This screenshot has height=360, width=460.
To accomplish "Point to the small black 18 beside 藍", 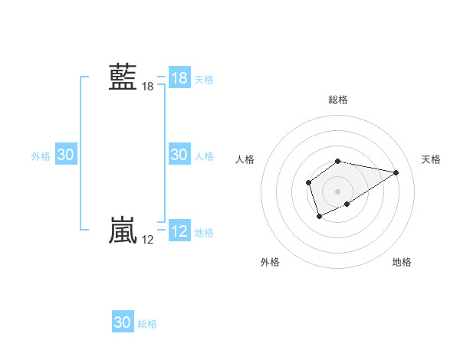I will pyautogui.click(x=147, y=87).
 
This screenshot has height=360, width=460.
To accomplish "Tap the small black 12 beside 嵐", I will pyautogui.click(x=147, y=240).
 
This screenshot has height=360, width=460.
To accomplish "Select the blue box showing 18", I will pyautogui.click(x=179, y=78).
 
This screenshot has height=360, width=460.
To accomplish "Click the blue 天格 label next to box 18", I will pyautogui.click(x=204, y=79).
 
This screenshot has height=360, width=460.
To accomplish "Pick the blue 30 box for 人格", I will pyautogui.click(x=179, y=155).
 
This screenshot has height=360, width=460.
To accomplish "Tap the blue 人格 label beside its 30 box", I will pyautogui.click(x=204, y=155).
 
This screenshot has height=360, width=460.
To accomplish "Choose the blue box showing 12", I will pyautogui.click(x=179, y=231).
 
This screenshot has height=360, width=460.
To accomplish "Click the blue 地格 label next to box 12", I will pyautogui.click(x=204, y=232).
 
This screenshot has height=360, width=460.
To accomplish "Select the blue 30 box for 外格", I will pyautogui.click(x=66, y=155).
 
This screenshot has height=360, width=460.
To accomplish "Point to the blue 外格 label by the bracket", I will pyautogui.click(x=41, y=155).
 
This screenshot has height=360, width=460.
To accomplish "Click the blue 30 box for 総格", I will pyautogui.click(x=123, y=322).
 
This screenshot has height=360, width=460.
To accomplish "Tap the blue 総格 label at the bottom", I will pyautogui.click(x=147, y=323).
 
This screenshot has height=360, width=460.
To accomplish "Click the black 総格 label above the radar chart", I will pyautogui.click(x=338, y=100).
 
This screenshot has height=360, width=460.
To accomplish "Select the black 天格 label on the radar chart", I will pyautogui.click(x=431, y=159).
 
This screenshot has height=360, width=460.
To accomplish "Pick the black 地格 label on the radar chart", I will pyautogui.click(x=402, y=262).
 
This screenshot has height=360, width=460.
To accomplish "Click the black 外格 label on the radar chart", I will pyautogui.click(x=270, y=262).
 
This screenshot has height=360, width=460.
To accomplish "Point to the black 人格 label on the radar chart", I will pyautogui.click(x=245, y=159).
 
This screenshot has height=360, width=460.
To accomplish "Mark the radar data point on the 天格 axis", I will pyautogui.click(x=396, y=172).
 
